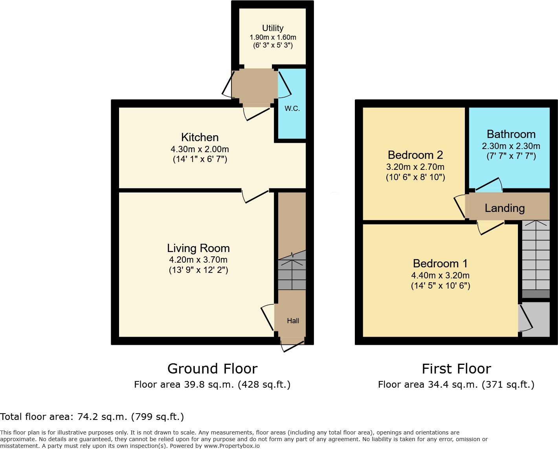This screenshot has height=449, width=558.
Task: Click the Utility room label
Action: click(273, 28)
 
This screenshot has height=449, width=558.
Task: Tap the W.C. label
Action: click(292, 109)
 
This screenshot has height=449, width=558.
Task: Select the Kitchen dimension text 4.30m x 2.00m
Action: click(200, 149)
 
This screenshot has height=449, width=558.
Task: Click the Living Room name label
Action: click(198, 248)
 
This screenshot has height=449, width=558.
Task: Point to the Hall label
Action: click(293, 321)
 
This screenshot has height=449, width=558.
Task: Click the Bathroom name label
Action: click(511, 134)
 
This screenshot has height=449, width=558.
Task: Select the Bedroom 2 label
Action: click(415, 155)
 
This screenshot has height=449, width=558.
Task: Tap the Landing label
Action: click(505, 208)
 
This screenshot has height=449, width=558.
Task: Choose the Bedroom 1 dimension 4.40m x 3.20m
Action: click(440, 275)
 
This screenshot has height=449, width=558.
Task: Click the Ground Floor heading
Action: click(212, 369)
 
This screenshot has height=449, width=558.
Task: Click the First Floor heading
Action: click(456, 369)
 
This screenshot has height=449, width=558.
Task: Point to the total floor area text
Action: click(92, 417)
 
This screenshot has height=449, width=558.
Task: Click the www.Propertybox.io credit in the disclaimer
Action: click(232, 446)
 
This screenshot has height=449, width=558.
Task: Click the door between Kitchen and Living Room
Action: click(255, 196)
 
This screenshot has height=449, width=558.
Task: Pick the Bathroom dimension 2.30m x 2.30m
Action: click(511, 146)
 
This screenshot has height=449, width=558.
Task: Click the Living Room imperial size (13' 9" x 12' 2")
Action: click(198, 270)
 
